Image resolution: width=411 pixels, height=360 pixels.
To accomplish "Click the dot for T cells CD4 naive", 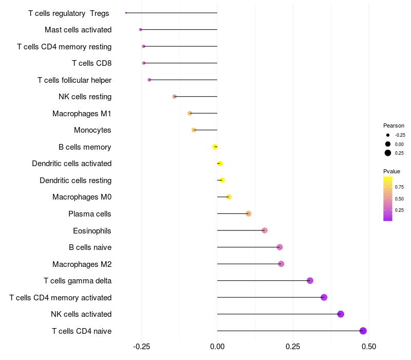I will click(x=363, y=331).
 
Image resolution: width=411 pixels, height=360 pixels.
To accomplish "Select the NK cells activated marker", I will click(x=341, y=314).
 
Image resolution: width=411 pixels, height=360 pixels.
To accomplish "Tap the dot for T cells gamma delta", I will click(x=310, y=280).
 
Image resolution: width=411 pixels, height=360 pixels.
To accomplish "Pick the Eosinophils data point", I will click(x=265, y=230).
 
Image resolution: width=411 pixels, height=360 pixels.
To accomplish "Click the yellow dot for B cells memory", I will click(x=215, y=147).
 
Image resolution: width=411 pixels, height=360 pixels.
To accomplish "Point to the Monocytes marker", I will click(x=194, y=130).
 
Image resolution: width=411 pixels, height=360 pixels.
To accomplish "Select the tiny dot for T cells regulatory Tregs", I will click(x=126, y=13).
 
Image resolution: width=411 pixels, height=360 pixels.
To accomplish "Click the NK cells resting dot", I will click(x=174, y=97).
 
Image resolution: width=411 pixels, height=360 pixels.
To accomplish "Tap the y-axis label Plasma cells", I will click(x=89, y=214).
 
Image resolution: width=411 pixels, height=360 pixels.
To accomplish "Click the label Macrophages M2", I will click(x=82, y=264).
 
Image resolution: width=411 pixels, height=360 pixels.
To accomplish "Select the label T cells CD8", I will click(x=91, y=63).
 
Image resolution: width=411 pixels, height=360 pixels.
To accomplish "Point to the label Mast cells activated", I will click(x=78, y=30).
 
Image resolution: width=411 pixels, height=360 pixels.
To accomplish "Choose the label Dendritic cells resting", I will click(x=76, y=181).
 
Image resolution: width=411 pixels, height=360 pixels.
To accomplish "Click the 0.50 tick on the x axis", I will click(x=369, y=347).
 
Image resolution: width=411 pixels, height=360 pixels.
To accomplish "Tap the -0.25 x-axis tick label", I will click(x=141, y=347).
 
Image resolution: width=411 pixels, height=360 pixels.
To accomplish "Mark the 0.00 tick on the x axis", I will click(x=217, y=347).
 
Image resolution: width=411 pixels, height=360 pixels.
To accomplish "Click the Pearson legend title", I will click(x=394, y=125).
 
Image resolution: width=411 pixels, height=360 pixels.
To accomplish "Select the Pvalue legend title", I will click(x=391, y=171).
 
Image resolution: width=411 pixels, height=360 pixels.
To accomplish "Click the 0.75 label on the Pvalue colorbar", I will click(x=399, y=187).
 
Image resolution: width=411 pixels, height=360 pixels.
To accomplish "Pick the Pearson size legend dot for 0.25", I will click(x=388, y=153).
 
